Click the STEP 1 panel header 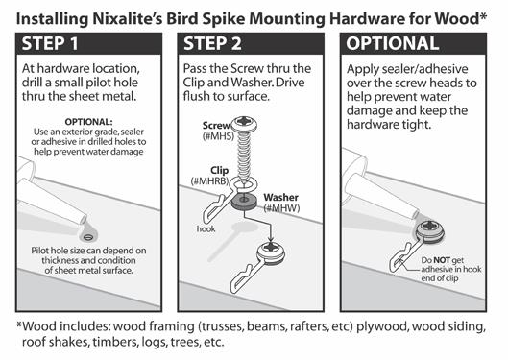click(x=50, y=44)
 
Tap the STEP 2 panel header click(x=212, y=44)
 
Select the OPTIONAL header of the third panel click(x=393, y=44)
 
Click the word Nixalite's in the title click(x=128, y=19)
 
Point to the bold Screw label click(x=216, y=126)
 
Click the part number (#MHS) click(x=218, y=136)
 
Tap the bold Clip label click(x=219, y=170)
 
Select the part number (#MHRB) click(x=210, y=180)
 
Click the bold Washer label click(x=281, y=197)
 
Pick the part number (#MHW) click(x=282, y=208)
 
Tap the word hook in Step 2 click(x=206, y=228)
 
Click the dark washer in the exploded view click(x=244, y=201)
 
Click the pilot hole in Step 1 click(x=87, y=238)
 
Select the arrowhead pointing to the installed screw click(x=270, y=239)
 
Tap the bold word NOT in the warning click(x=442, y=260)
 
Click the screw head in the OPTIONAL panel click(x=430, y=228)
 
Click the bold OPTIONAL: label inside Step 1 click(x=88, y=122)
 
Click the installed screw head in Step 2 click(x=271, y=250)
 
